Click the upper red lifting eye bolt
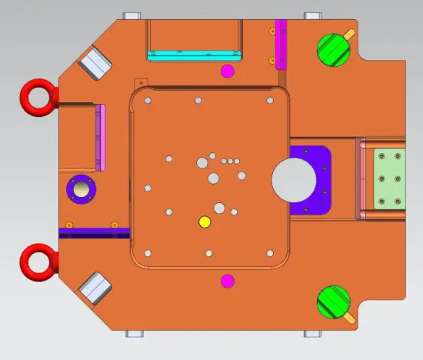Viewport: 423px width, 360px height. tap(35, 95)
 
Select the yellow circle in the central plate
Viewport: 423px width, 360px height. tap(205, 222)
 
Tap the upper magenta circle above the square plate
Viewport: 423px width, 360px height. tap(227, 72)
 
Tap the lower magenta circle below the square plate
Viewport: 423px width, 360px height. tap(227, 280)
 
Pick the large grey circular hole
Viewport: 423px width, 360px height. tap(295, 180)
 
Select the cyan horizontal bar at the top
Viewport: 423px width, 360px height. tap(193, 55)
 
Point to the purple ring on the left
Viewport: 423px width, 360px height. tap(79, 188)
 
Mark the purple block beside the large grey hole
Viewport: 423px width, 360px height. tap(319, 180)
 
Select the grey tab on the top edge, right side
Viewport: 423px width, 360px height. tap(313, 15)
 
